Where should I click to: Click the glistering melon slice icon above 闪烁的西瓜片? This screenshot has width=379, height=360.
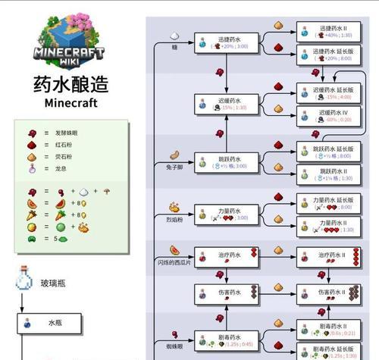click(x=175, y=249)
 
